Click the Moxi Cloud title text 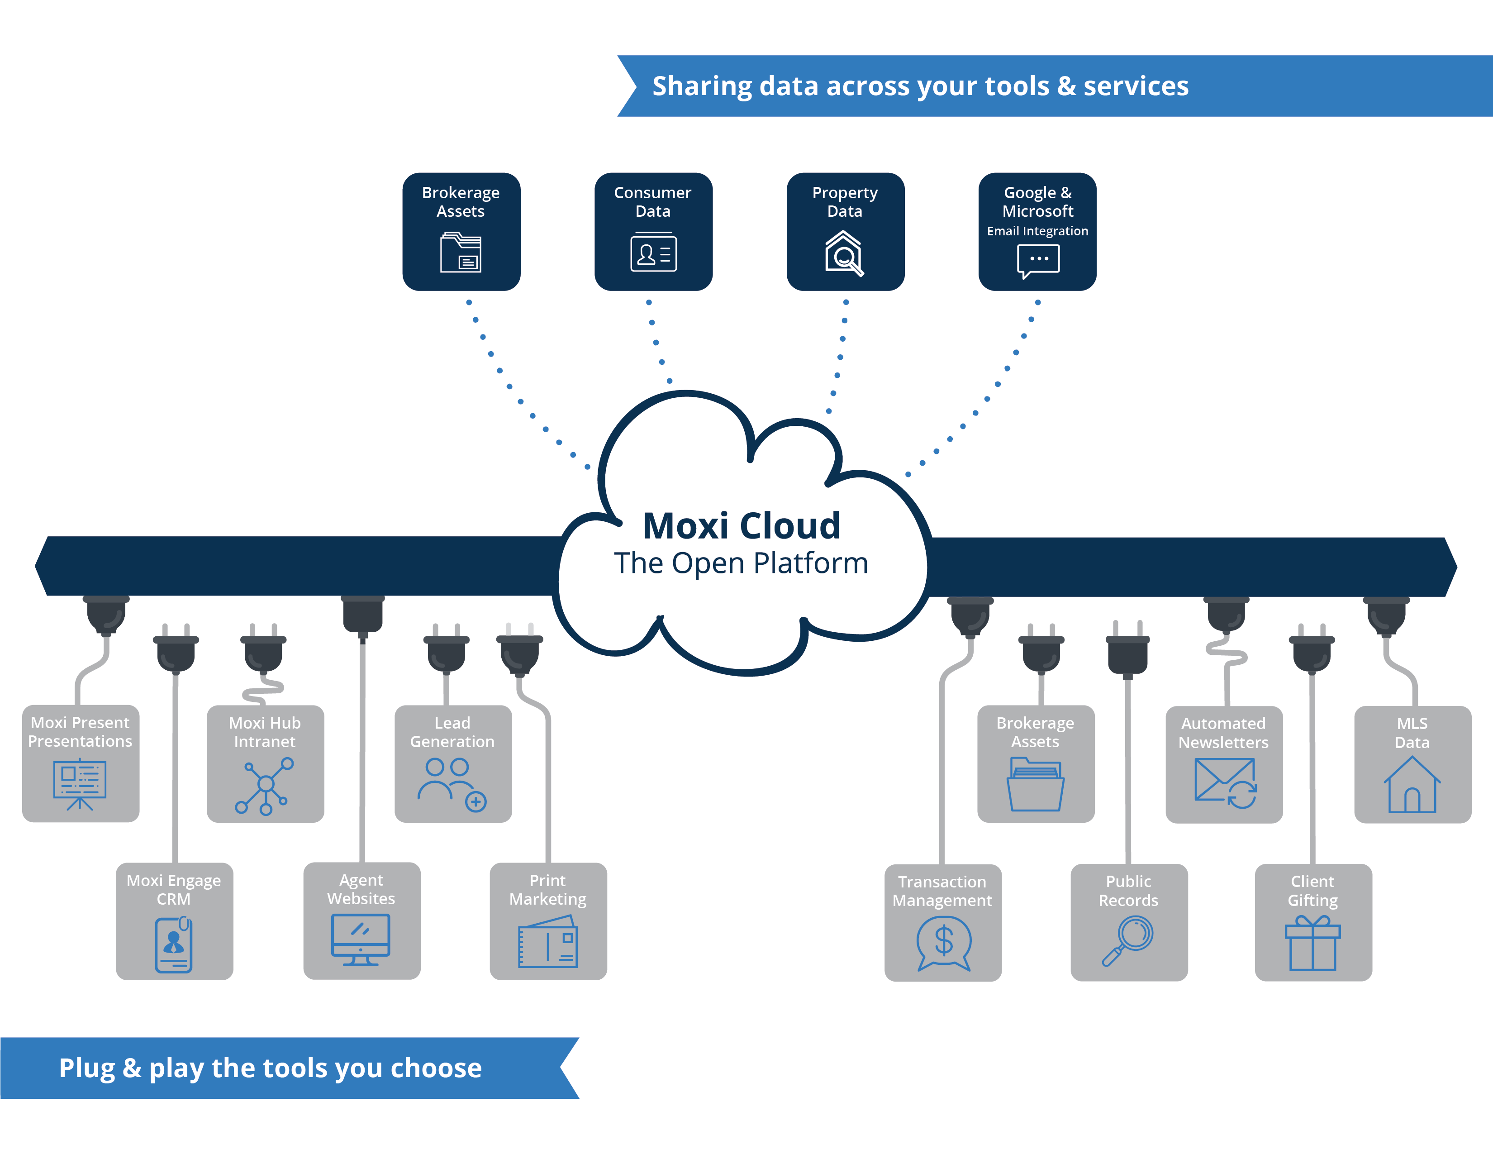[x=741, y=526]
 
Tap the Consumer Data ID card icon [x=653, y=253]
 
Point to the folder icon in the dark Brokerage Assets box [x=461, y=253]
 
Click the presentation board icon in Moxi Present [x=80, y=785]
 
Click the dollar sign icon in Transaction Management [x=943, y=943]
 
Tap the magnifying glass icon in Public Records [x=1129, y=941]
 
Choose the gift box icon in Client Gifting [x=1312, y=944]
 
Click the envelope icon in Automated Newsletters [x=1224, y=783]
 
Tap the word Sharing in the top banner [x=701, y=86]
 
